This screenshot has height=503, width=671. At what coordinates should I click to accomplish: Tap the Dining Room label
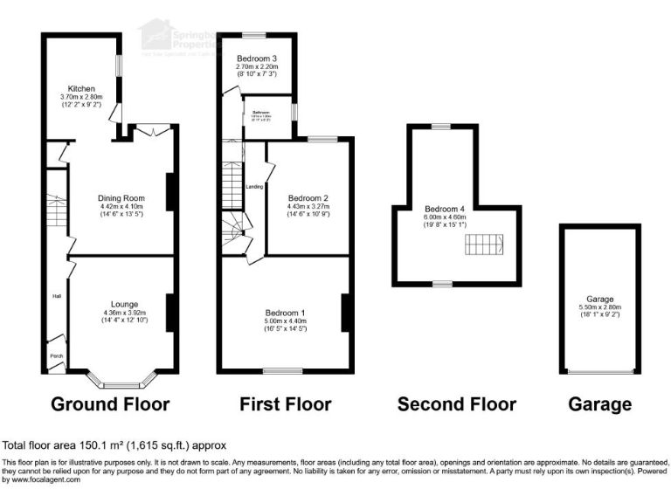(x=121, y=198)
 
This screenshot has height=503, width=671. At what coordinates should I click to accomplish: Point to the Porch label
(x=56, y=355)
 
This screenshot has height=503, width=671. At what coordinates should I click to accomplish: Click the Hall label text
(x=56, y=295)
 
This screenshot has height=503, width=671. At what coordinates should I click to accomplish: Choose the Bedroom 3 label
(x=256, y=58)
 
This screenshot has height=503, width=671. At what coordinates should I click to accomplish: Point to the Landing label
(x=255, y=186)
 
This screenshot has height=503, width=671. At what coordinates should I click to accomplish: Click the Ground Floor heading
(x=110, y=404)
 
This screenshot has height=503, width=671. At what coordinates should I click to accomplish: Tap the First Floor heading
(x=286, y=404)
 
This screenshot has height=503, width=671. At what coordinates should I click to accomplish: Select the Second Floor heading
(x=456, y=404)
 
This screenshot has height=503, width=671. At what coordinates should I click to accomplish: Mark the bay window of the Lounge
(x=122, y=381)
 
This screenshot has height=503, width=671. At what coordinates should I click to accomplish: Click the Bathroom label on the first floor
(x=263, y=114)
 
